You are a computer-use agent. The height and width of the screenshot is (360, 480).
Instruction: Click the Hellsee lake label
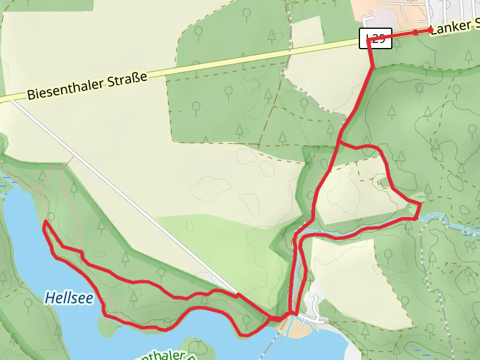pos(68,296)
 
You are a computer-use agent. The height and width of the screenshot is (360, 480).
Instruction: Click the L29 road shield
pos(375,38)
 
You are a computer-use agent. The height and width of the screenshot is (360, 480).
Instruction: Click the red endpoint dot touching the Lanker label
pos(430,29)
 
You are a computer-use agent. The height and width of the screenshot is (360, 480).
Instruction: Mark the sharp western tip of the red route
pos(45,222)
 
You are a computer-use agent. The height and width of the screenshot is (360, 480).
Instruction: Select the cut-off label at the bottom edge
pos(162,355)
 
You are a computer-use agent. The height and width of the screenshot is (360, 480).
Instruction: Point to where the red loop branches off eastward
pos(339,143)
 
